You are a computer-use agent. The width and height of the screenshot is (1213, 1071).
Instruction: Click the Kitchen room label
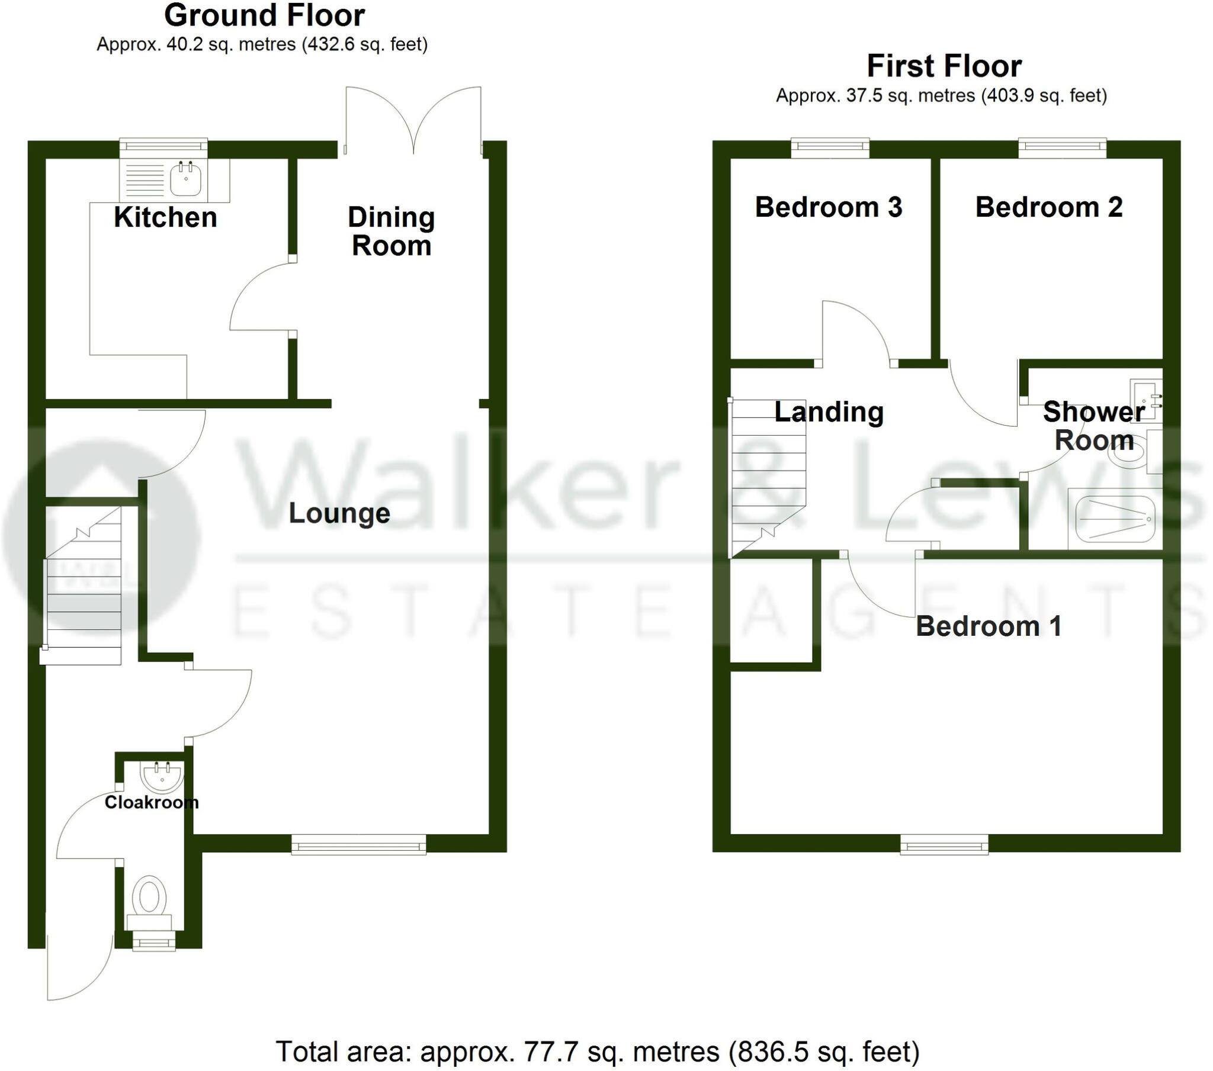[165, 217]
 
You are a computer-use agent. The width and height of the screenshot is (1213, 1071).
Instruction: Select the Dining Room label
[391, 231]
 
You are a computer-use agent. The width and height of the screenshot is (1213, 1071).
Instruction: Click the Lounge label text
[339, 513]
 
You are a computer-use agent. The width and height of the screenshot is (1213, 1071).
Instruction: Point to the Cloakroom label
[151, 802]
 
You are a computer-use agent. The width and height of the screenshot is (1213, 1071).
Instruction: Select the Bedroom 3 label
[829, 207]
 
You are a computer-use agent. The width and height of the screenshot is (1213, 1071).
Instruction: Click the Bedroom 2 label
[1048, 207]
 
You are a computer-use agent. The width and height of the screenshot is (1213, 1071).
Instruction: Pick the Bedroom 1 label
[988, 626]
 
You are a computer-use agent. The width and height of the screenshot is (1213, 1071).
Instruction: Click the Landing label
[829, 412]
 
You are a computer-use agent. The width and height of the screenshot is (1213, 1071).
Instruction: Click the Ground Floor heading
[264, 15]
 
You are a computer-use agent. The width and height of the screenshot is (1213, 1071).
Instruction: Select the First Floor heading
[944, 66]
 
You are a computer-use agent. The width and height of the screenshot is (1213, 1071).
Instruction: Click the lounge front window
[358, 844]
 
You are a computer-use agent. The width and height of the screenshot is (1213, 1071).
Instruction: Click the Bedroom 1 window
[944, 844]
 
